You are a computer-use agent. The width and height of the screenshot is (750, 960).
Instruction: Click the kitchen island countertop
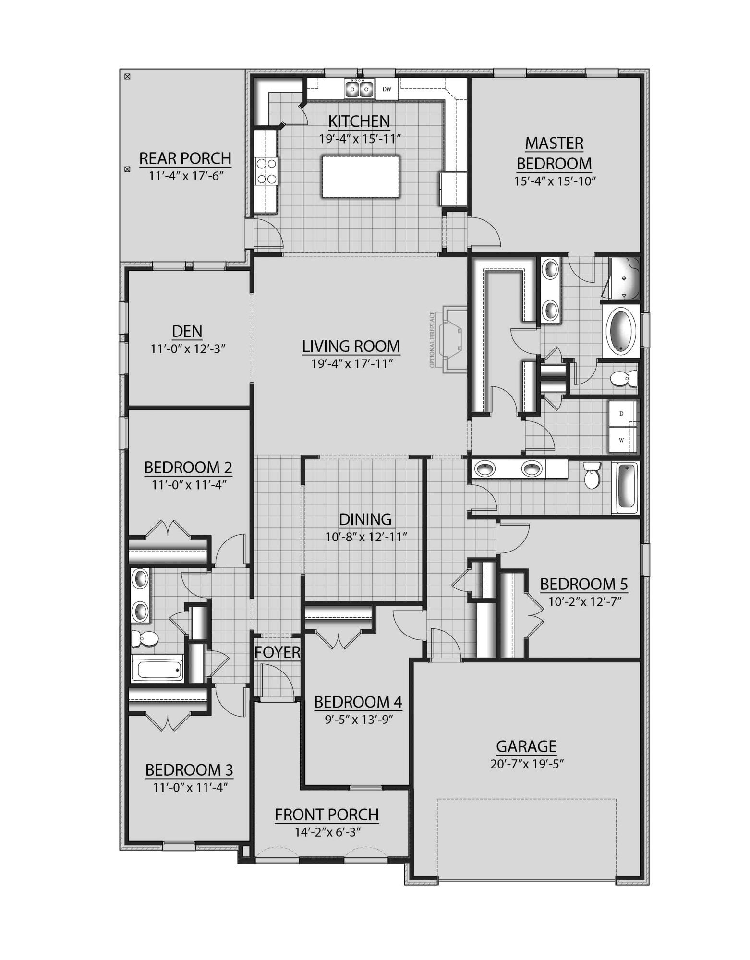361,176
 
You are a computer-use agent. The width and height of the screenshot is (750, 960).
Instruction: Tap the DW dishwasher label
387,89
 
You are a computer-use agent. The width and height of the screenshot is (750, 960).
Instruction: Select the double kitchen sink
359,89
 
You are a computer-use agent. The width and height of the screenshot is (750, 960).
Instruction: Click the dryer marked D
621,413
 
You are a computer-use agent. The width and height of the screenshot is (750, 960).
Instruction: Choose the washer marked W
621,440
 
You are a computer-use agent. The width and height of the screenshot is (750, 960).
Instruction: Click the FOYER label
278,652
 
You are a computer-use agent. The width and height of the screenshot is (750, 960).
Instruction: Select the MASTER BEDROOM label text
554,154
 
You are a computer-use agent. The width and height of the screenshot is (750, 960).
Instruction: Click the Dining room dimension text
366,537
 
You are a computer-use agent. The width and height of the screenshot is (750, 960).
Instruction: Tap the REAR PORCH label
185,158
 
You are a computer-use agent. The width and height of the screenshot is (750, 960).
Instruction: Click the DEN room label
187,331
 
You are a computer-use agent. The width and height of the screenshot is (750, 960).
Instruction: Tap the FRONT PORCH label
327,815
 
